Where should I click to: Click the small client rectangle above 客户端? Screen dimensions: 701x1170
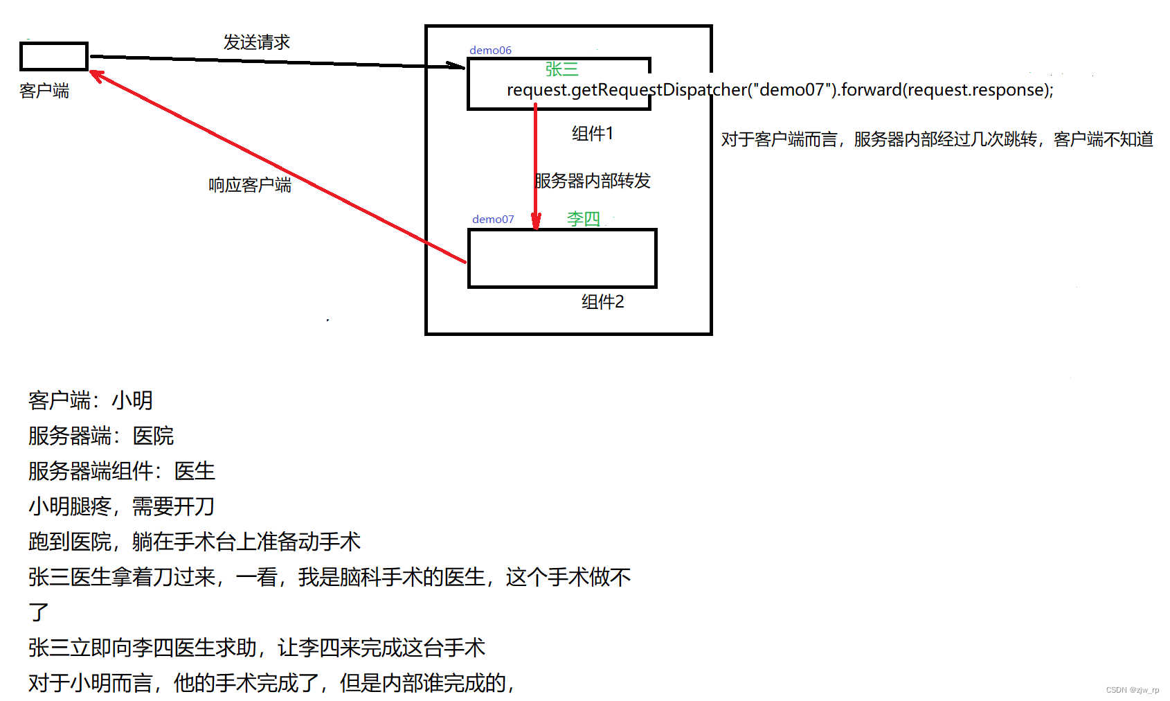click(54, 56)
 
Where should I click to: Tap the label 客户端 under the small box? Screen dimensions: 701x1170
click(44, 91)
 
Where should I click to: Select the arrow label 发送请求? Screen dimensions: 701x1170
click(256, 42)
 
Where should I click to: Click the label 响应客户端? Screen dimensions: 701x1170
click(250, 185)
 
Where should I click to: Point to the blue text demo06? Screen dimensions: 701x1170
click(490, 50)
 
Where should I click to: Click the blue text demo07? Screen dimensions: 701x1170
click(493, 219)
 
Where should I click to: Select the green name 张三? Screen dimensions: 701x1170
click(561, 69)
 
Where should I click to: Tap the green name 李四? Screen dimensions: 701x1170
click(583, 219)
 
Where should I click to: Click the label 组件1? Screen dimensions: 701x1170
click(592, 133)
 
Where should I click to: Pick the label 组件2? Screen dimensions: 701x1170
click(602, 301)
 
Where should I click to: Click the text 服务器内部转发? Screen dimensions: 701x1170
click(593, 181)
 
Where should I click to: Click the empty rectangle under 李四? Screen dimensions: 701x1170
click(562, 258)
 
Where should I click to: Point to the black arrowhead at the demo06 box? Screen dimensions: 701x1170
click(457, 66)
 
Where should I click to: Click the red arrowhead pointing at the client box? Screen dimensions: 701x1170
click(98, 75)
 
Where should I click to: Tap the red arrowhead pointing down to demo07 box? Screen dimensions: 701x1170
click(536, 221)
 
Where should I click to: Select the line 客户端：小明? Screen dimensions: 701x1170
click(90, 400)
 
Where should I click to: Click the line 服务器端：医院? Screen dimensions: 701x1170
click(100, 436)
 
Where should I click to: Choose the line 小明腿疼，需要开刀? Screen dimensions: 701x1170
click(121, 506)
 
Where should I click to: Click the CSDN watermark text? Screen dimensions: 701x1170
click(1132, 690)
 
